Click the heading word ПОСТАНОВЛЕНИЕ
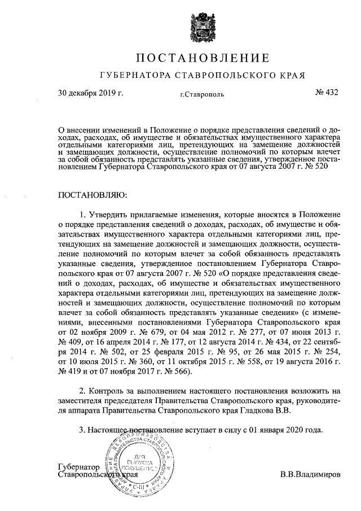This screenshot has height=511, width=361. pyautogui.click(x=201, y=58)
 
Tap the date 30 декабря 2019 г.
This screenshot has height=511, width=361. pyautogui.click(x=90, y=93)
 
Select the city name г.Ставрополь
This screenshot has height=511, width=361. pyautogui.click(x=202, y=94)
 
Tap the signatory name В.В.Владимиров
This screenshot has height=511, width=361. pyautogui.click(x=310, y=475)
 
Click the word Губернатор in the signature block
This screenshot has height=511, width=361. pyautogui.click(x=79, y=468)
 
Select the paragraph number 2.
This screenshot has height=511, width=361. pyautogui.click(x=83, y=391)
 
